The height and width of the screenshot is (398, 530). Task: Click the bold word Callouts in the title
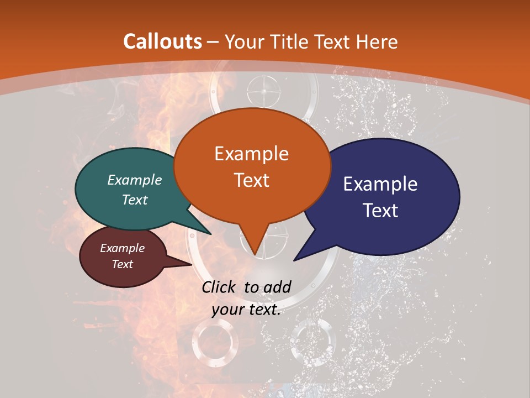point(163,41)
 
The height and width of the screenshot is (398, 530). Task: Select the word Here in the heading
point(376,41)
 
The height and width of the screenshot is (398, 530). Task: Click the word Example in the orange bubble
point(251,154)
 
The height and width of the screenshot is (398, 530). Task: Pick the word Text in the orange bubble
point(251,180)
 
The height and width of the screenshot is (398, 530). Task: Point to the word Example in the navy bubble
point(380,184)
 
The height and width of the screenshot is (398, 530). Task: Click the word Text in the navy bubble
point(380,211)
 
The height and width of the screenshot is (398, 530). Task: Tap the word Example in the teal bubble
point(135,180)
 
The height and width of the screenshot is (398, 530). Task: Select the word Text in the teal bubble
point(135,200)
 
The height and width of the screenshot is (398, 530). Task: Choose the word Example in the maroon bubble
point(122,248)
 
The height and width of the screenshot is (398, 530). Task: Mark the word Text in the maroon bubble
point(122,264)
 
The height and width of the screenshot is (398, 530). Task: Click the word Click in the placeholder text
point(220,287)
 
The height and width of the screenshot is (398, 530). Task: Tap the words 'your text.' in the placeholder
point(246,310)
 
